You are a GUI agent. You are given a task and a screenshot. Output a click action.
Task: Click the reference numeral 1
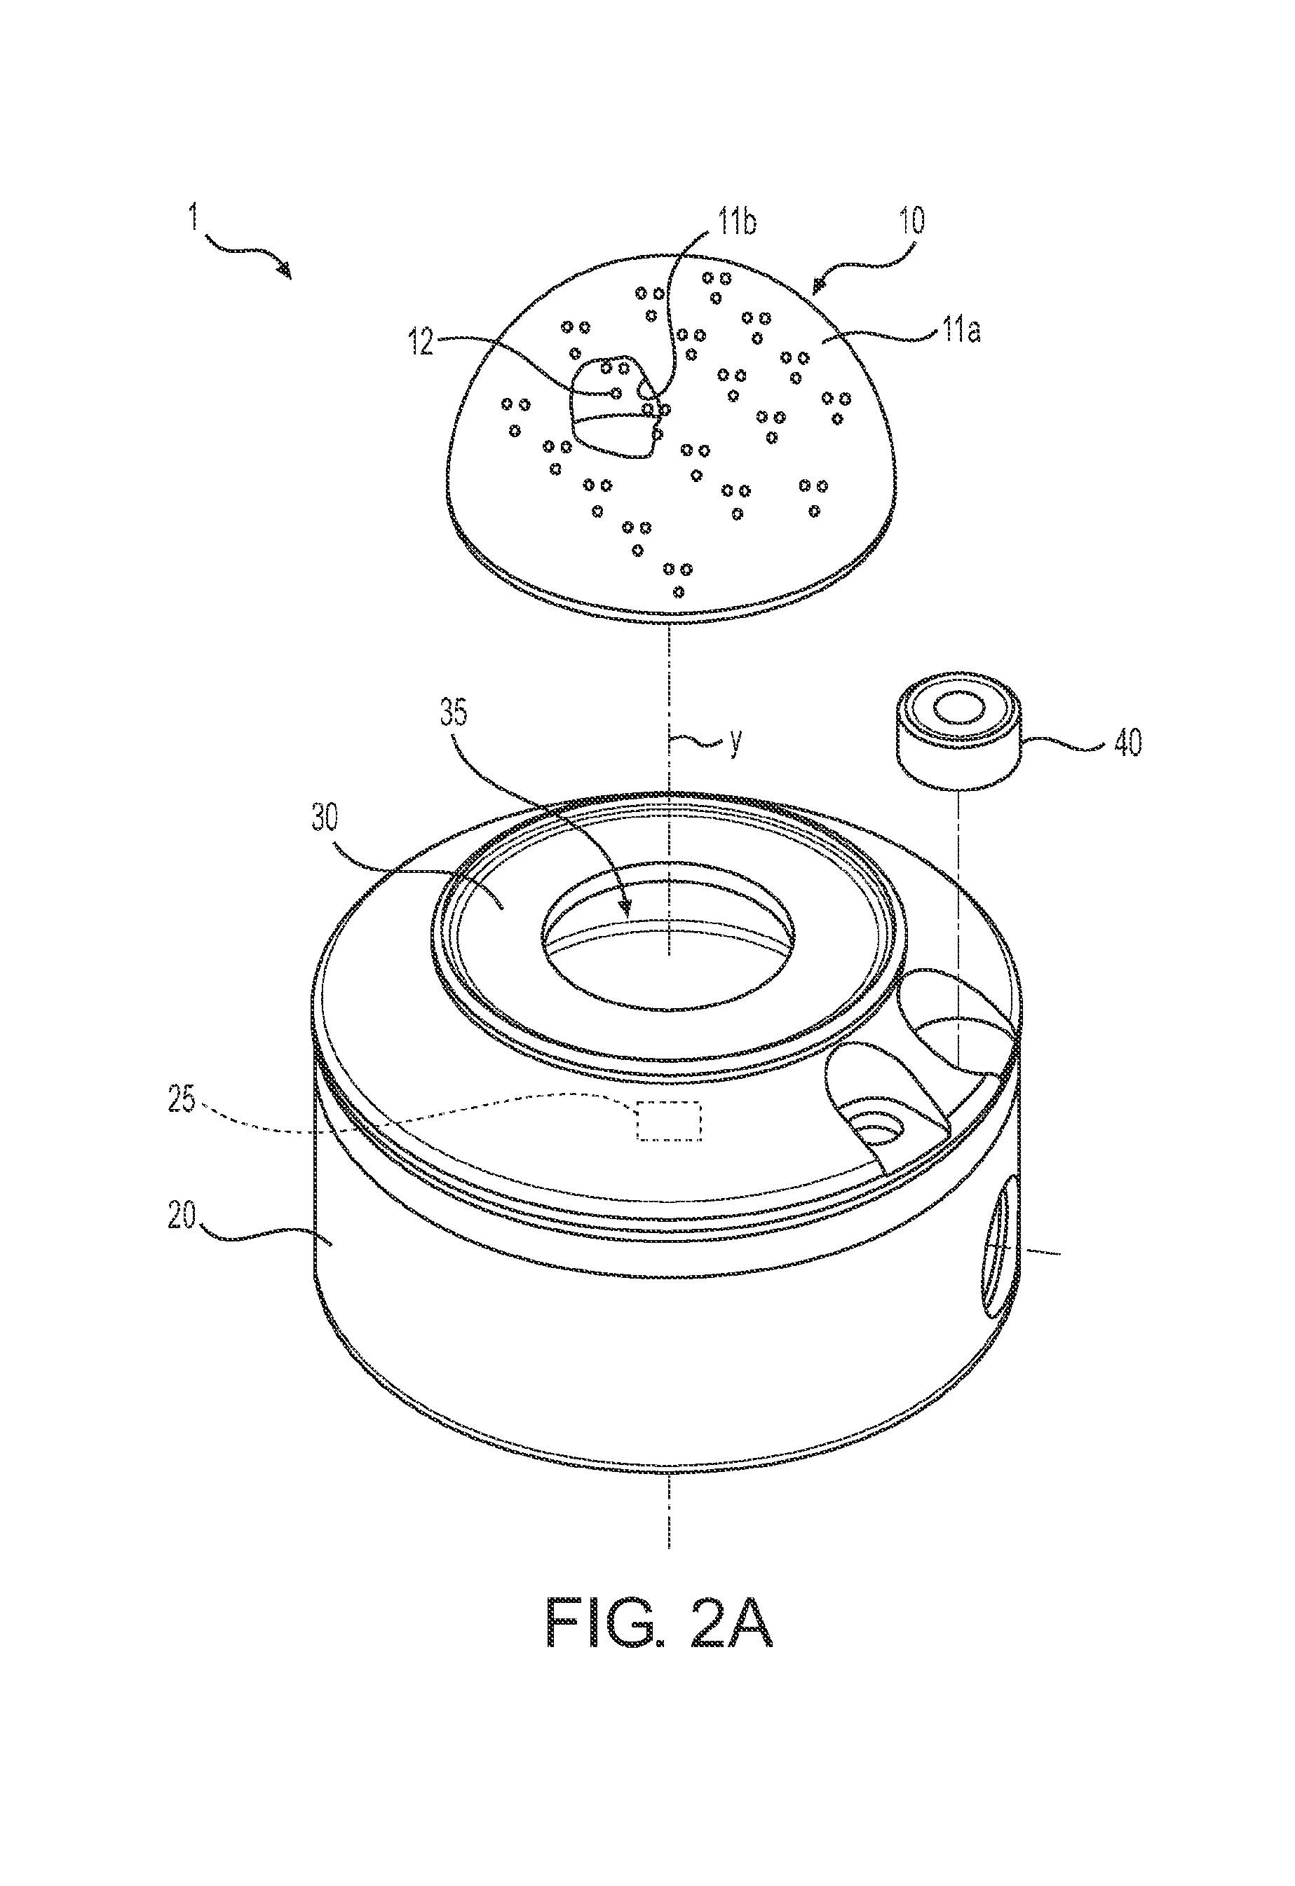pos(194,217)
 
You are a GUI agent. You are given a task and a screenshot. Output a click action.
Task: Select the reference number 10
pos(913,221)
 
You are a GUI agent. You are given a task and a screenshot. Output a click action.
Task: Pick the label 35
pos(454,713)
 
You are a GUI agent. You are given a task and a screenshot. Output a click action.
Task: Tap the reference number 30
pos(324,818)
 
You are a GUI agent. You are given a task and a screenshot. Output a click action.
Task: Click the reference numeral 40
pos(1127,742)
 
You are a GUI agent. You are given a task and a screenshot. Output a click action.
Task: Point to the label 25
pos(182,1100)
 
